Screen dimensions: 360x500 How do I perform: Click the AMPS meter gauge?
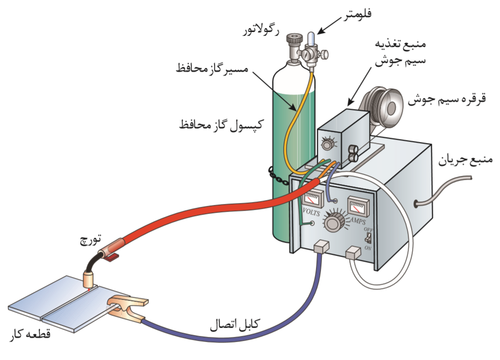pos(357,207)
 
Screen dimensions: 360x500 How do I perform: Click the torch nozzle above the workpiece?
pos(89,279)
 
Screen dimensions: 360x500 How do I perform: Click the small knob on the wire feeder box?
pos(328,144)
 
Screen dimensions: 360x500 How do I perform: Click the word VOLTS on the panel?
pos(311,212)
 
